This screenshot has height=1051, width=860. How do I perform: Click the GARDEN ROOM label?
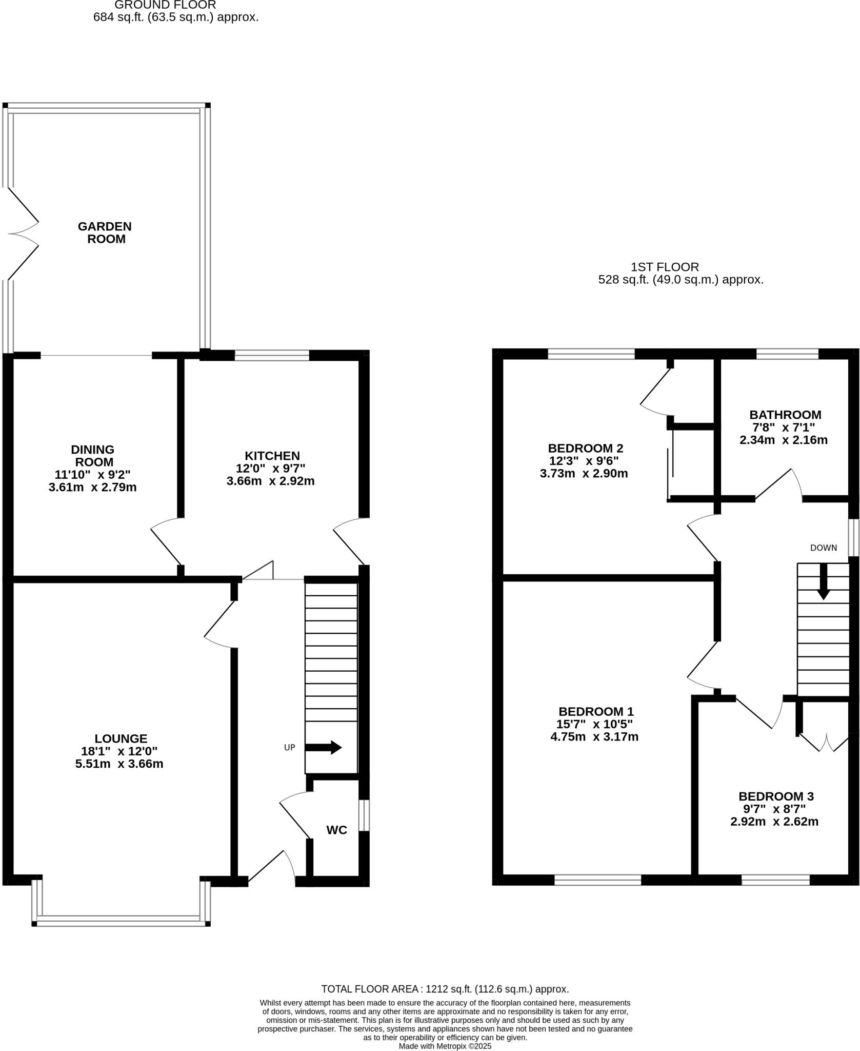105,232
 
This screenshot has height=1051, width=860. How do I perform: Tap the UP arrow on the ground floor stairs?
324,747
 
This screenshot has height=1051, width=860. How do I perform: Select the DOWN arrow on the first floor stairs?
823,581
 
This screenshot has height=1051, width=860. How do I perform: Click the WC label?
336,830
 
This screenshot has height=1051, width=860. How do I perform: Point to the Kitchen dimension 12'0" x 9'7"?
271,468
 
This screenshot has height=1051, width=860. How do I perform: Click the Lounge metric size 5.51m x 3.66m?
119,764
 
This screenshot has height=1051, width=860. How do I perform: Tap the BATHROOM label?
785,415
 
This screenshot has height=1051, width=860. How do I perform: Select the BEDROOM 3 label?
775,796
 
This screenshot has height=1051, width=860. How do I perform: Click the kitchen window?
272,355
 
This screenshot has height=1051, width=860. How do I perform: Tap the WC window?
363,815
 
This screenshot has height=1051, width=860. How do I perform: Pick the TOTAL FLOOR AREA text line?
445,989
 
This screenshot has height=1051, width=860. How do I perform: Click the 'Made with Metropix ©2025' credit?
445,1046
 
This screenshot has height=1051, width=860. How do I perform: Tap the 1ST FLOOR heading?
664,267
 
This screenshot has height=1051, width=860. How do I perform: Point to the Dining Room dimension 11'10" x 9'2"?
92,474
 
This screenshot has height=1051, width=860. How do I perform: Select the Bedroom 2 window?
591,354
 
